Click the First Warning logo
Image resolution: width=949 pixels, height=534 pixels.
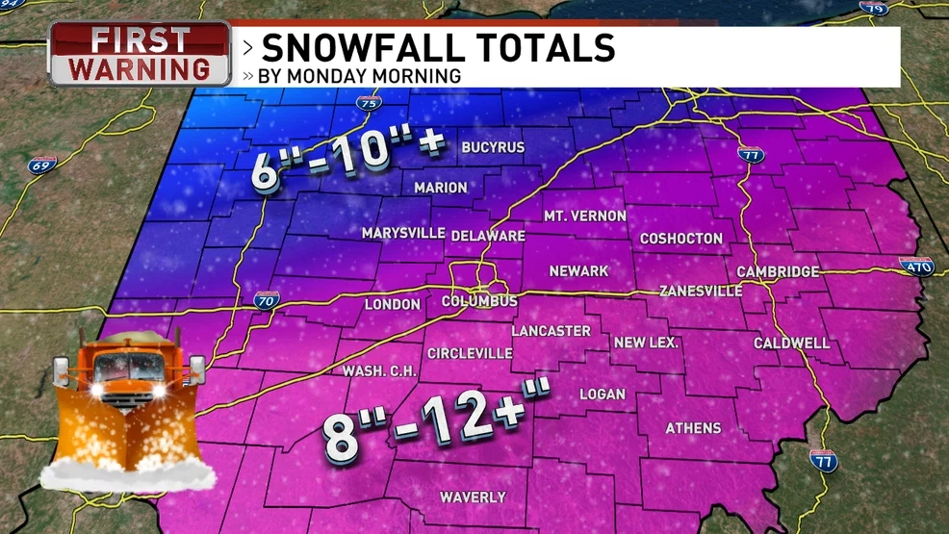point(140,54)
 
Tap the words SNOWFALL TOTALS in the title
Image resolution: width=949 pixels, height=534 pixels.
point(437,48)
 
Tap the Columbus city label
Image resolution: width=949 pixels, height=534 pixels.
point(479,301)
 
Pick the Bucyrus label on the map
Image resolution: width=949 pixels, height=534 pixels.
point(493,147)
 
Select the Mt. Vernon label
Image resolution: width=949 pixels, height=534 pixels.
point(585,216)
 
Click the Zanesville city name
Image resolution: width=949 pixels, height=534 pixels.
point(700,291)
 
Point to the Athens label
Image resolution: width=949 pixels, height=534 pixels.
point(693,428)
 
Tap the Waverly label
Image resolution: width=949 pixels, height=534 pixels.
point(473,497)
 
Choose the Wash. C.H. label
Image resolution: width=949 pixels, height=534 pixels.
point(377,371)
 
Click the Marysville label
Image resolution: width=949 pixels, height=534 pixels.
point(403,233)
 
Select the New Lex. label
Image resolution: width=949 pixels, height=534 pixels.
point(646,343)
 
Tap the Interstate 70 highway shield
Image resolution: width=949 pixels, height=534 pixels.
point(267,300)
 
